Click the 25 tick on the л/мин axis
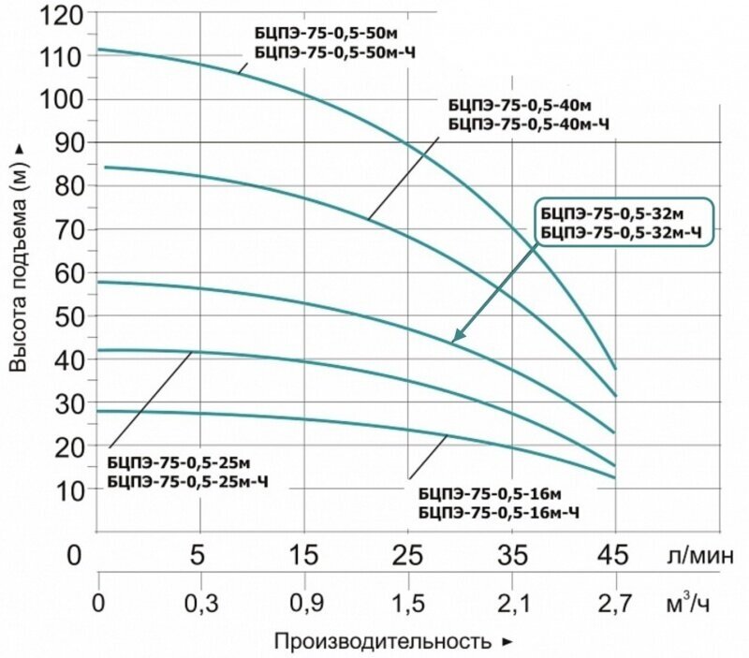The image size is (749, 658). (x=407, y=555)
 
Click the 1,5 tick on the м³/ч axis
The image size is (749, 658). (x=407, y=605)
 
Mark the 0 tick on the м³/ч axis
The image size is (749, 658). (x=98, y=605)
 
